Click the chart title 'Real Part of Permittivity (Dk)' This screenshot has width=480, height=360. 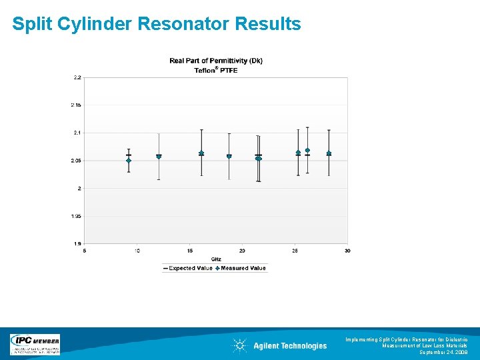coord(216,61)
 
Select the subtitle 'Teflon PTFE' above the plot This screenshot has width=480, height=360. coord(216,70)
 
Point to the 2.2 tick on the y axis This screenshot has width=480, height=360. coord(77,77)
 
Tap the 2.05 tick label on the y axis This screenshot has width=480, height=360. coord(77,161)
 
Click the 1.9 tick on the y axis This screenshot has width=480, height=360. coord(78,243)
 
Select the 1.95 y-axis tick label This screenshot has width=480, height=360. coord(77,216)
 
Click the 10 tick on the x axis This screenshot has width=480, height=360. coord(137,251)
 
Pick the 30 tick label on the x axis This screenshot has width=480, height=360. coord(347,251)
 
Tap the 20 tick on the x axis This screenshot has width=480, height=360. coord(242,251)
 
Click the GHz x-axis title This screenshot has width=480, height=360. coord(216,259)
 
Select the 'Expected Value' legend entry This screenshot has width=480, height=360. coord(187,268)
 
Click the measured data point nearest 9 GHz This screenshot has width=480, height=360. coord(129,160)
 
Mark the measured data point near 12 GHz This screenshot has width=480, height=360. coord(159,157)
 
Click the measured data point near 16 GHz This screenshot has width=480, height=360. coord(201,153)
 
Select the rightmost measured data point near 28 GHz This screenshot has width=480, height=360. coord(329,153)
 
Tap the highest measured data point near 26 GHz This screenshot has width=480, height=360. coord(307,150)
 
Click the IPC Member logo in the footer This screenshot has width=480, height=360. coord(35,344)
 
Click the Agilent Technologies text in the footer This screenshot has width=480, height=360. coord(290,345)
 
